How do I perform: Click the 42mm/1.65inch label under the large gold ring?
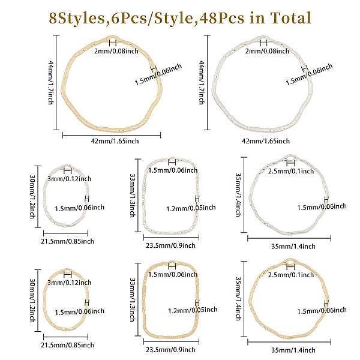click(110, 140)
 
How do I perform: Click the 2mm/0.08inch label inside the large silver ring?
click(263, 51)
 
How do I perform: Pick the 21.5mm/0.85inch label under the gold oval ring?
click(67, 344)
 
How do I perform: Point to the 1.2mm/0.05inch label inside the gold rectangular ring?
click(191, 311)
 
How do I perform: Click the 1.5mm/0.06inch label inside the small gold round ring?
click(322, 311)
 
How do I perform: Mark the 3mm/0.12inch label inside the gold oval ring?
click(70, 283)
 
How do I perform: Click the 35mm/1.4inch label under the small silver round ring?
click(290, 245)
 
